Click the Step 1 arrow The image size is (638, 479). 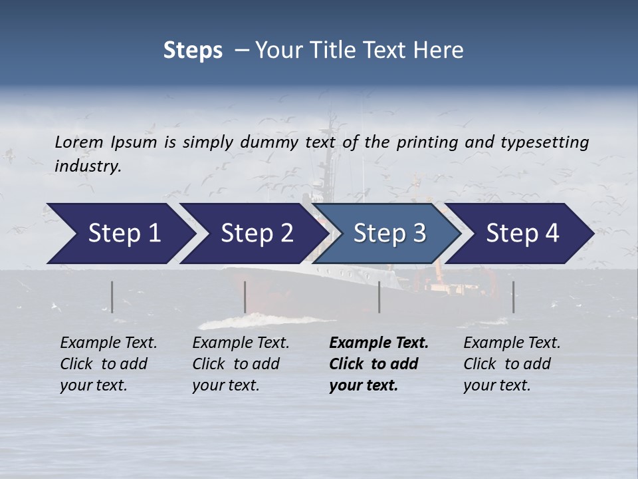(x=124, y=234)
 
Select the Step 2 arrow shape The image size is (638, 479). (x=257, y=234)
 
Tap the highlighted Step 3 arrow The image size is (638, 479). (x=389, y=234)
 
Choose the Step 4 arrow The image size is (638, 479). (x=522, y=234)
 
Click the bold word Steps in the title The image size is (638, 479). (x=193, y=51)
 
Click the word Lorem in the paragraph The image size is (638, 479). (x=79, y=142)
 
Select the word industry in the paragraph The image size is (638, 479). (x=88, y=166)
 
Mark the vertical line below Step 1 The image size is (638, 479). (x=112, y=297)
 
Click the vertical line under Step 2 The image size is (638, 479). (x=245, y=297)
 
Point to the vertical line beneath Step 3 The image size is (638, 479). (x=379, y=297)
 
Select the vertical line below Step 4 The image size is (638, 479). (x=514, y=297)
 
